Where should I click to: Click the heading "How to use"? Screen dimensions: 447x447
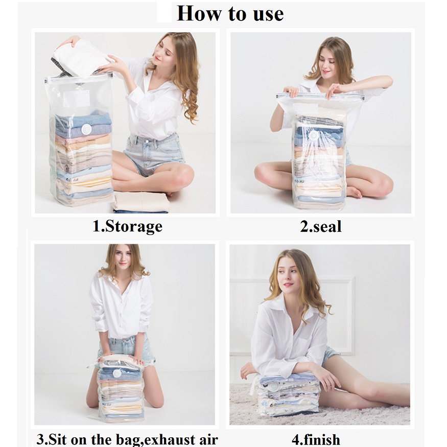point(230,13)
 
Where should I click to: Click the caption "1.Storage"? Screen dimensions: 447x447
point(127,226)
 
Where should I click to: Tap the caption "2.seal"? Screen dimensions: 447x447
point(320,226)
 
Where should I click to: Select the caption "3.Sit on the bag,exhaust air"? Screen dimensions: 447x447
point(127,439)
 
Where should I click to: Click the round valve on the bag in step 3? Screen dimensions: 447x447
point(117,373)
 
